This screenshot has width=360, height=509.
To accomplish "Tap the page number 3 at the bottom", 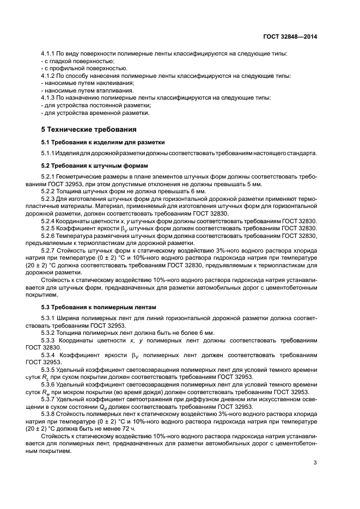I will click(315, 463).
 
